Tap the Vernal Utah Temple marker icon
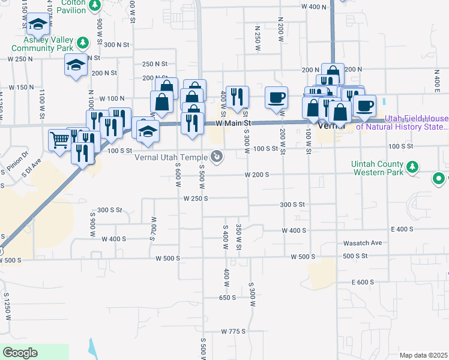(218, 157)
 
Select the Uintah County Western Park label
(379, 167)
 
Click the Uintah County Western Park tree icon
(412, 166)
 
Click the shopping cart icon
(59, 140)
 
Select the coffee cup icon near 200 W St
(277, 97)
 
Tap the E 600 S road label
(365, 282)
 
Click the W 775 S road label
(234, 331)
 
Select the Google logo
(20, 353)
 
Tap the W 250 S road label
(195, 198)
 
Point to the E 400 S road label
(402, 230)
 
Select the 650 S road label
(229, 298)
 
